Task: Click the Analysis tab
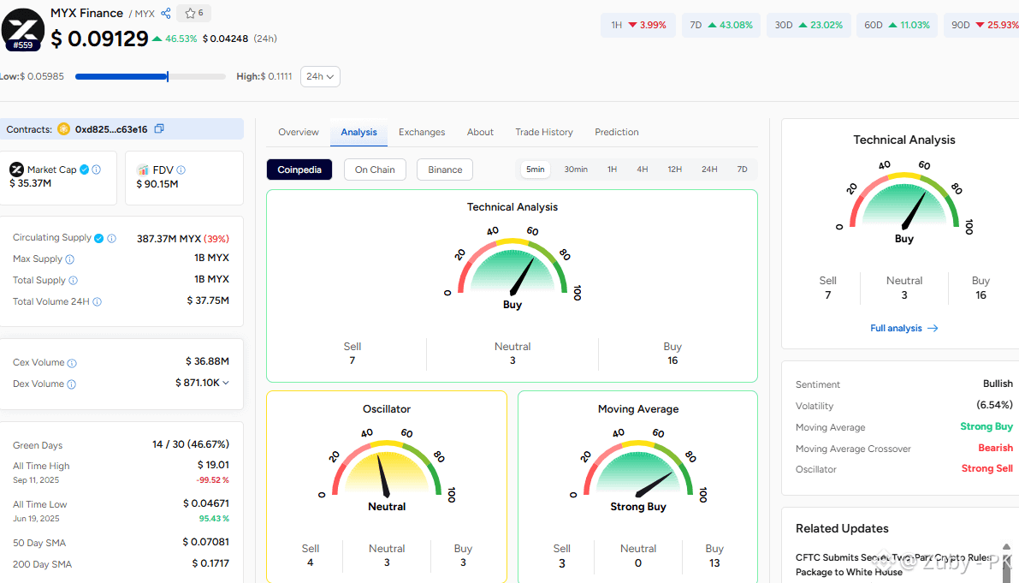tap(358, 132)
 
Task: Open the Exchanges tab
tap(422, 132)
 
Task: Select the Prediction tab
tap(617, 132)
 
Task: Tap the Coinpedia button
tap(299, 170)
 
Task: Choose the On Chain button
tap(375, 170)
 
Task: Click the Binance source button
tap(445, 170)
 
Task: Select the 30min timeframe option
tap(576, 169)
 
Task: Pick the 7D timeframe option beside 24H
tap(742, 169)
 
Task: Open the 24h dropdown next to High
tap(320, 77)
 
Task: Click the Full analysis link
tap(904, 328)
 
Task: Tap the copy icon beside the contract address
tap(159, 128)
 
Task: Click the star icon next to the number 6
tap(190, 13)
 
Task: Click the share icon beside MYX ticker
tap(166, 13)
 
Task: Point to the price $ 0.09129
tap(100, 39)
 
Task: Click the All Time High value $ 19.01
tap(213, 465)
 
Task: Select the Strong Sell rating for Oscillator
tap(987, 468)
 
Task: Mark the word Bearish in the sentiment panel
tap(996, 448)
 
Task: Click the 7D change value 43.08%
tap(737, 25)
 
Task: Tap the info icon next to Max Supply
tap(69, 259)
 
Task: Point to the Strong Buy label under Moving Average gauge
tap(638, 507)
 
